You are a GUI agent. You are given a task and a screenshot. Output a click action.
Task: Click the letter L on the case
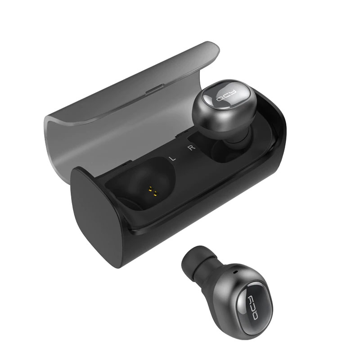pos(171,157)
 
